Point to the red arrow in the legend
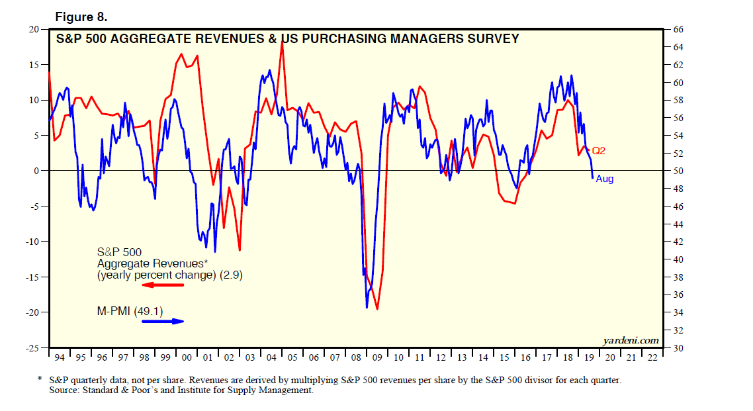(163, 285)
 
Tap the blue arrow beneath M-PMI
(163, 322)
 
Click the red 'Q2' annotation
(598, 151)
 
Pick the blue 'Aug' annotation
(605, 179)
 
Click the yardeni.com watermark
(631, 340)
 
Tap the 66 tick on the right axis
(677, 30)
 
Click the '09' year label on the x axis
(377, 358)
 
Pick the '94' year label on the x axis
(60, 358)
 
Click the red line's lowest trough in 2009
(377, 308)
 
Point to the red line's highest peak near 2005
(283, 42)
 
